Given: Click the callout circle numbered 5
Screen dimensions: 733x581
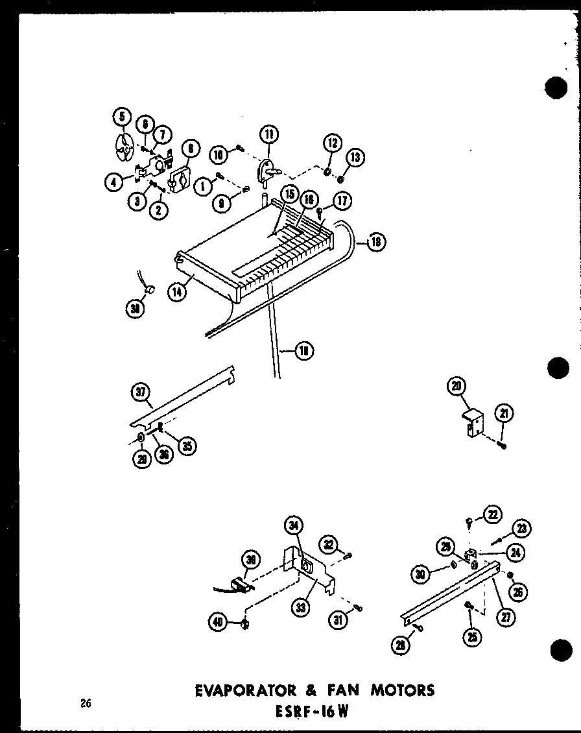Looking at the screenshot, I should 121,117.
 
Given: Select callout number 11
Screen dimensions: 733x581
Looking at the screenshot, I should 268,135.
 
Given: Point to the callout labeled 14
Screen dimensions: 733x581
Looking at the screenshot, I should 176,292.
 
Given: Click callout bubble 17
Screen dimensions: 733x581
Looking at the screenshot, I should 343,201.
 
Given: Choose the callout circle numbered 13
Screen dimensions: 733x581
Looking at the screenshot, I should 355,158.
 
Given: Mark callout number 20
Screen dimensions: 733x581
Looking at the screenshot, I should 456,387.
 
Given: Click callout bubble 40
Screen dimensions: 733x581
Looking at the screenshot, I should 217,623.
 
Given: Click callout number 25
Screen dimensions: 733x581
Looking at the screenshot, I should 472,638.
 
